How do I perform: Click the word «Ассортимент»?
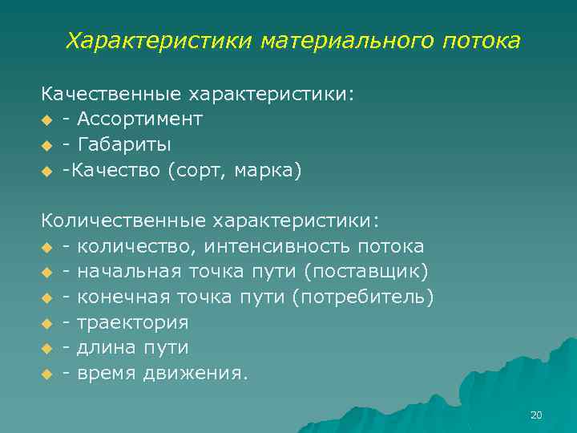pos(140,119)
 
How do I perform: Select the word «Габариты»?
pos(123,145)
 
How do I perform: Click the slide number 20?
pos(536,415)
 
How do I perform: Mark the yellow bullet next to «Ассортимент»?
pos(47,120)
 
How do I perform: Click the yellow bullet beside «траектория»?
pos(47,323)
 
